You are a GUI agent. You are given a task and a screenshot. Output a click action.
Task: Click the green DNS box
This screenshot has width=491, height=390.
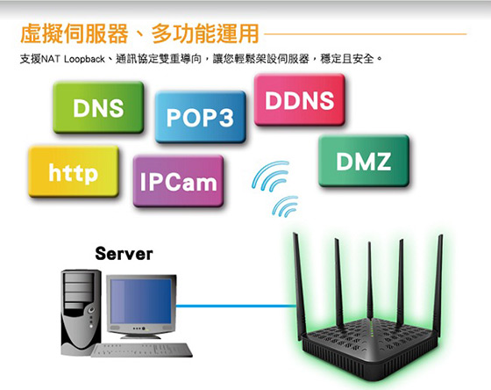(98, 107)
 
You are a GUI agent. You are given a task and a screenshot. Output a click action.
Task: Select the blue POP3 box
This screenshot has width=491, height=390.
(201, 117)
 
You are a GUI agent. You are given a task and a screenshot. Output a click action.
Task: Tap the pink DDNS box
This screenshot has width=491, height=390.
(300, 100)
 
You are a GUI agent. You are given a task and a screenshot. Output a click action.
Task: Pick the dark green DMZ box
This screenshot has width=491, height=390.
(364, 161)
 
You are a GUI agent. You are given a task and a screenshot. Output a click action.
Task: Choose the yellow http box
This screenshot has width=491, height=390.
(74, 171)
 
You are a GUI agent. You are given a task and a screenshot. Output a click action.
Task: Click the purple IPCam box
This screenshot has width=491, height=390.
(179, 181)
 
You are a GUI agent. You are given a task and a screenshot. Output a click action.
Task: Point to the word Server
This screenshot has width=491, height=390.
(124, 254)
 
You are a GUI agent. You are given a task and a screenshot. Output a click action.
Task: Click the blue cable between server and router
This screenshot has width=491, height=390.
(237, 306)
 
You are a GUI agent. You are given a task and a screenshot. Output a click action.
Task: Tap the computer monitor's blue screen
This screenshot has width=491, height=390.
(141, 301)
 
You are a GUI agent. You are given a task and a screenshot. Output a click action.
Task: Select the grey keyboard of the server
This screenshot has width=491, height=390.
(141, 350)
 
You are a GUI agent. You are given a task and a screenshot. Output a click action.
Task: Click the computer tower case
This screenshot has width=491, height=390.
(81, 312)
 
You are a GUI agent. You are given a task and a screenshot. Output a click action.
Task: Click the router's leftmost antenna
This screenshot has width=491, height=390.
(299, 285)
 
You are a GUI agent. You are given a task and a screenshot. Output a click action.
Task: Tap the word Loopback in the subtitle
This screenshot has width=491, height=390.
(84, 59)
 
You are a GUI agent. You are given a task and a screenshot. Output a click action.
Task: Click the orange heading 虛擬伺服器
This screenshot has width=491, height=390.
(75, 33)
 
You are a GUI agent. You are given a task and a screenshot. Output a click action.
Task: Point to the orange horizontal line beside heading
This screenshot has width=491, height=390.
(365, 34)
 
